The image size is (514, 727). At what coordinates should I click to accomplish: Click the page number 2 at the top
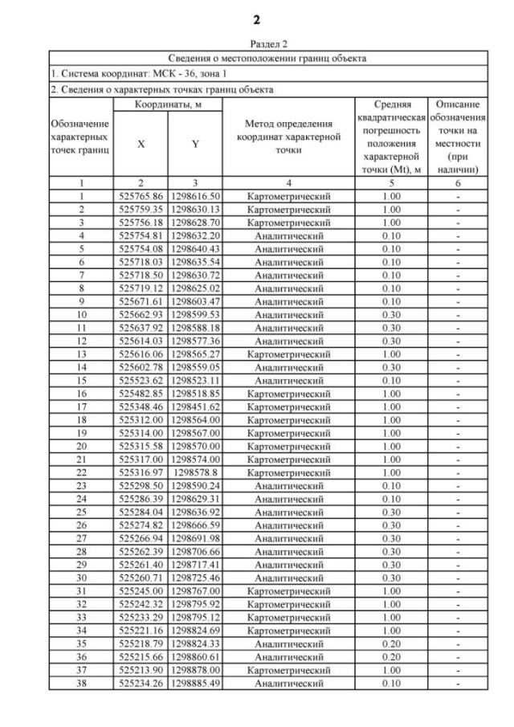[x=256, y=18]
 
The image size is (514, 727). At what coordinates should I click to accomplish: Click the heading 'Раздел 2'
[x=256, y=44]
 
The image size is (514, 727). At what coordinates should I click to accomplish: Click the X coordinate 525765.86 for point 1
[x=141, y=196]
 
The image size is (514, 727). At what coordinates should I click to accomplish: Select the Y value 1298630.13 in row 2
[x=194, y=209]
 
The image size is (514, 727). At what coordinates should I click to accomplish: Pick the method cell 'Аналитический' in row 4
[x=288, y=235]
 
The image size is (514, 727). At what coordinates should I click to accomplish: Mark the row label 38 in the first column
[x=81, y=684]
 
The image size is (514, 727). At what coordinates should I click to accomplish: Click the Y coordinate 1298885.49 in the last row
[x=194, y=684]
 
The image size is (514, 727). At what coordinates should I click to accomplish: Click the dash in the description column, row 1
[x=457, y=196]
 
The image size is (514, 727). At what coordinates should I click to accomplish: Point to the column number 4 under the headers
[x=288, y=183]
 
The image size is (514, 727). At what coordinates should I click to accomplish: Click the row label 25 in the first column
[x=81, y=513]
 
